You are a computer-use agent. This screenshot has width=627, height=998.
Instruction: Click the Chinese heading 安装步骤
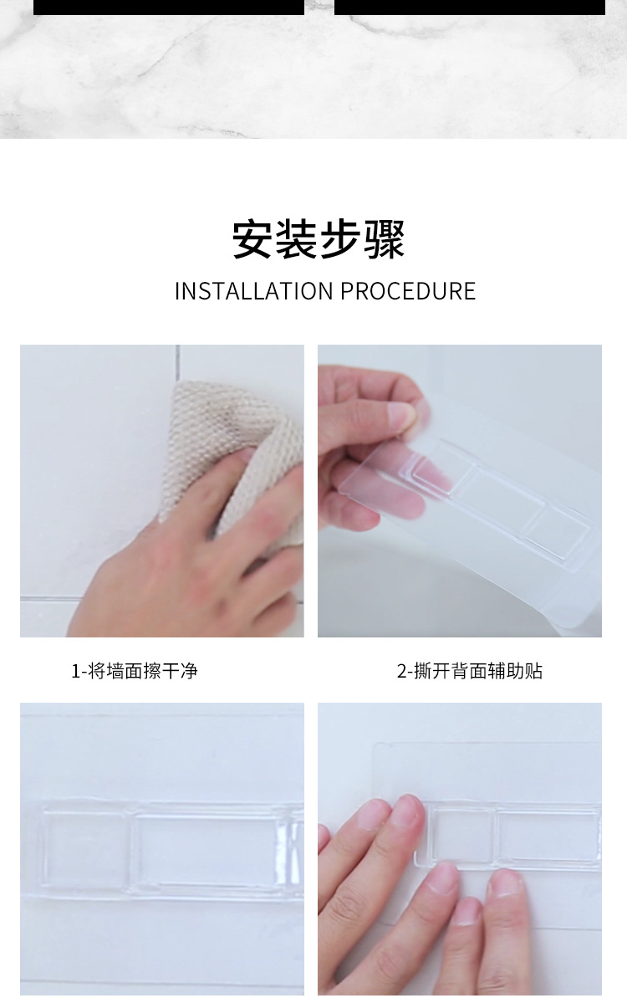click(x=318, y=240)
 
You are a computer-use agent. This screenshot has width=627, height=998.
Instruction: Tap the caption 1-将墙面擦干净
click(x=135, y=671)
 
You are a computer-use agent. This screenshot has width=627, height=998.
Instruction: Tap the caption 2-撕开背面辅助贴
click(x=469, y=671)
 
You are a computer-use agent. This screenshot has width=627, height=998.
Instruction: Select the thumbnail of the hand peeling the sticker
click(x=459, y=490)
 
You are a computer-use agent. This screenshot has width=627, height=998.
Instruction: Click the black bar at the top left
click(x=168, y=7)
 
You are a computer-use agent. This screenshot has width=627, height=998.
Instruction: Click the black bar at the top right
click(x=469, y=7)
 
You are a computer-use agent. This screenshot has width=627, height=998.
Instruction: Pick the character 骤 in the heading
click(x=384, y=240)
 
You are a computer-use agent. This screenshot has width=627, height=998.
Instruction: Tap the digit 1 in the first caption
click(x=74, y=671)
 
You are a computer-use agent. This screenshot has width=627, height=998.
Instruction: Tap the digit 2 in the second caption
click(x=400, y=671)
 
